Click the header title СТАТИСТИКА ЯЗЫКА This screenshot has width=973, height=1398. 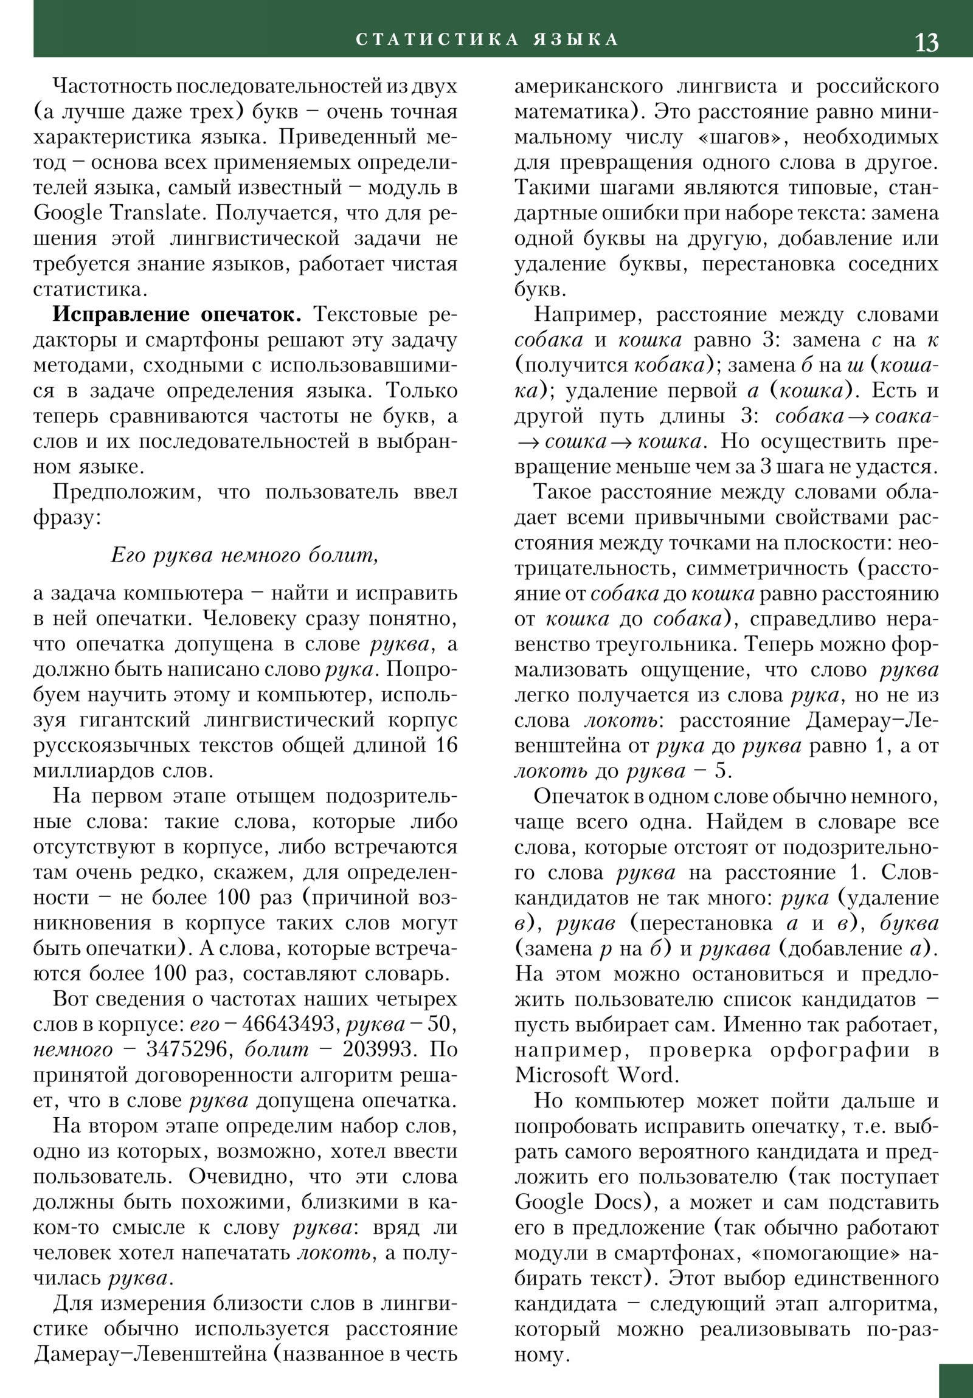487,40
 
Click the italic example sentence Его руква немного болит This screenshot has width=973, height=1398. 244,556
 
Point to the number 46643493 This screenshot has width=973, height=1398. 289,1024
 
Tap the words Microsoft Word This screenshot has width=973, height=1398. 595,1075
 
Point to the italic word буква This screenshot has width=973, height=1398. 909,923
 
